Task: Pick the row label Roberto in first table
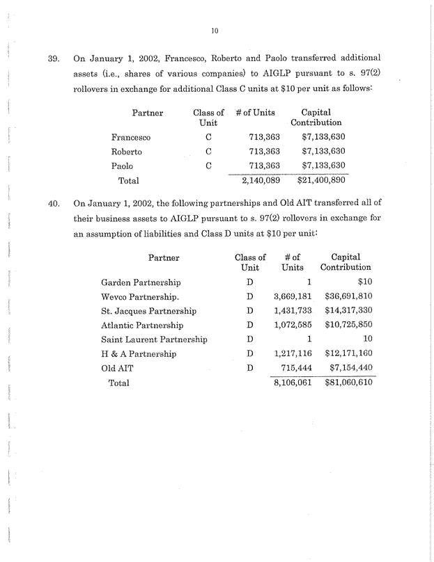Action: pos(127,152)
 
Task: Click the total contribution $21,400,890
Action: pos(321,180)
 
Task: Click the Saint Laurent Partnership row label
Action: pos(155,339)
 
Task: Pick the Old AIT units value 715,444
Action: pos(295,368)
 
